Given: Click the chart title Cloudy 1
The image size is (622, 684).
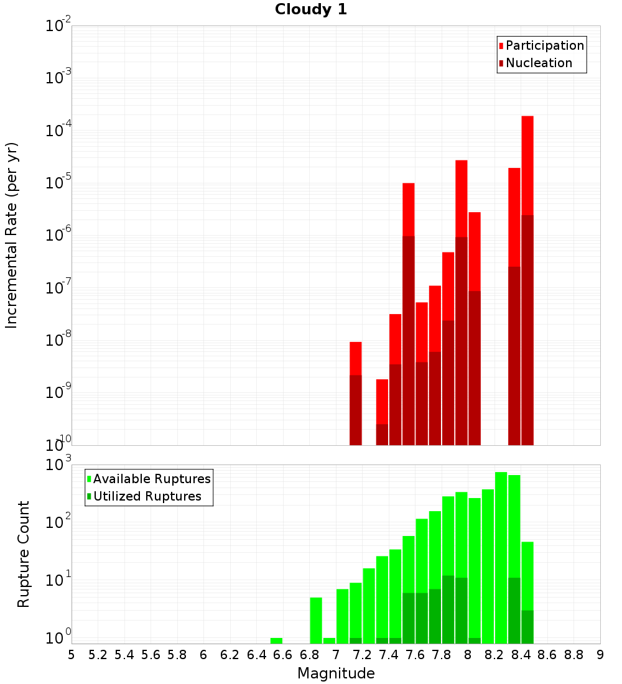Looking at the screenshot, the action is [311, 9].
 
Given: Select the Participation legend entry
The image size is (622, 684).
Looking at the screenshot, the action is [541, 45].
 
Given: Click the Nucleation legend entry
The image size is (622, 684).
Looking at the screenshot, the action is [536, 63].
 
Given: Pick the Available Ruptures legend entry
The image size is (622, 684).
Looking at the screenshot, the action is [149, 479].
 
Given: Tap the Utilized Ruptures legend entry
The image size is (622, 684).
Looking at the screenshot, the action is [144, 496].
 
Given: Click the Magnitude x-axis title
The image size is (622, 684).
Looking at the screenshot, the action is [336, 673].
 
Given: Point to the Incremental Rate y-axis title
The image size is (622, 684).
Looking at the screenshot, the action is [11, 235].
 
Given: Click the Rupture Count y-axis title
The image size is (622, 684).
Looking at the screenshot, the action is [23, 554].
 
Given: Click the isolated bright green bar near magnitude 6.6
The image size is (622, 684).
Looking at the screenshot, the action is [276, 640].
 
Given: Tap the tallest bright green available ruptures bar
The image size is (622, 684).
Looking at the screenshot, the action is [501, 558].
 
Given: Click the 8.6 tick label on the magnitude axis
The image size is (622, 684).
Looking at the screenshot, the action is [547, 655].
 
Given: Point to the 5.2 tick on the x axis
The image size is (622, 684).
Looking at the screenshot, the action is [98, 655].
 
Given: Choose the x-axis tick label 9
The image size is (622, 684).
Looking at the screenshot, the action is [600, 655].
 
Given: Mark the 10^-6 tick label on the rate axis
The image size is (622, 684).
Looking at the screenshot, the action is [58, 234].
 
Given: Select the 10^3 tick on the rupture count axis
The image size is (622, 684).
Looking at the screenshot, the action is [58, 463].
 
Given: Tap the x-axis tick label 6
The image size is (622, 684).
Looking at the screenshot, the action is [203, 655].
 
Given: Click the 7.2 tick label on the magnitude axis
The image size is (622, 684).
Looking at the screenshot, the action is [362, 655].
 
